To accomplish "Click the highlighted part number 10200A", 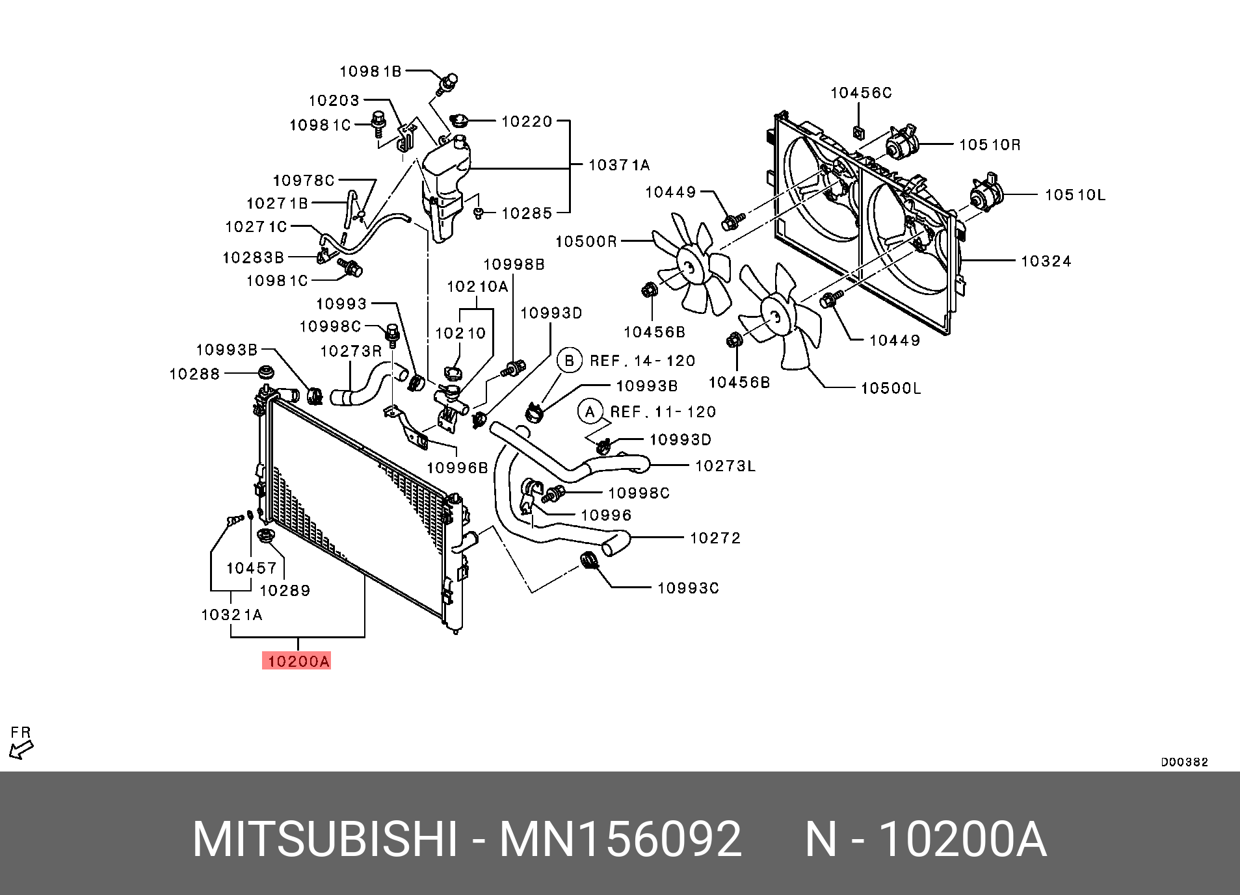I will tap(298, 661).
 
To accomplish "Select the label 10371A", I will tap(618, 165).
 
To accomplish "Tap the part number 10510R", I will tap(989, 145).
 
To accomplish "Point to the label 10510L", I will tap(1074, 195).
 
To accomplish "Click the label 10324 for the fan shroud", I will tap(1045, 261).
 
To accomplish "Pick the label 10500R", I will tap(586, 242).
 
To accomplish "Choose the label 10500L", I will tap(890, 389).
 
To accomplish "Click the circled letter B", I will tap(570, 361).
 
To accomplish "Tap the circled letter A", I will tap(590, 412).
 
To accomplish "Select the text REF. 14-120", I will tap(642, 361).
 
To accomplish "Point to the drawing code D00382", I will tap(1184, 762).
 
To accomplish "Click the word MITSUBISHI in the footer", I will tap(325, 840).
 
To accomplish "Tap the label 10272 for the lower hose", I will tap(715, 538).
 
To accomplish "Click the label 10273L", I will tap(725, 466).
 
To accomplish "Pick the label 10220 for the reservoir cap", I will tap(526, 122).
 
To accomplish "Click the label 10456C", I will tap(861, 93).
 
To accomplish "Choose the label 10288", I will tap(194, 374).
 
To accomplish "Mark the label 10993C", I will tap(687, 588).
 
